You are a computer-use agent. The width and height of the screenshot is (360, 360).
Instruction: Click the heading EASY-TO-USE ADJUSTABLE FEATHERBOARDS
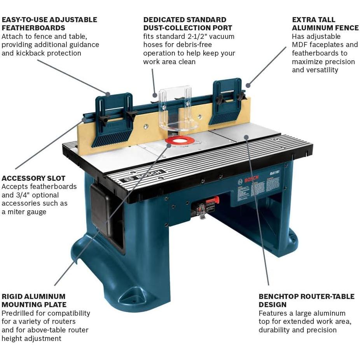[49, 23]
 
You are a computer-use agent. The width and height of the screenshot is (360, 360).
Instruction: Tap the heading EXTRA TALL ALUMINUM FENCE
[325, 23]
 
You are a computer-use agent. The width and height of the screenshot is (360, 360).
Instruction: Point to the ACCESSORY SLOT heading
[33, 178]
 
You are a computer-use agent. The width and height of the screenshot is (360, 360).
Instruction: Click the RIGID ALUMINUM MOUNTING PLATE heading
[34, 300]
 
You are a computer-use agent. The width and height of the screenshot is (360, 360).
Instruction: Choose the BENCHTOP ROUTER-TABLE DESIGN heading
[306, 300]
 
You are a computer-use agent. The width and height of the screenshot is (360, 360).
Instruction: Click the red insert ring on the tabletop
[180, 140]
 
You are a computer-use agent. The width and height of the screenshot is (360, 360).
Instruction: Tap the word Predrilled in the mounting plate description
[19, 313]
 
